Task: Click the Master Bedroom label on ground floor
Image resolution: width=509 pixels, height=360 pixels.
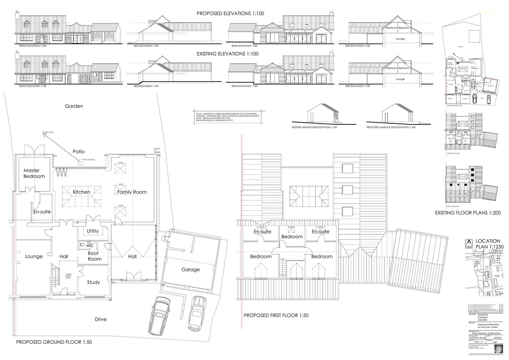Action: (x=34, y=173)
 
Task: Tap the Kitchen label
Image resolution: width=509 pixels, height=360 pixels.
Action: (x=81, y=192)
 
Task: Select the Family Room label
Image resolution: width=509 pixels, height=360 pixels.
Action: (x=132, y=192)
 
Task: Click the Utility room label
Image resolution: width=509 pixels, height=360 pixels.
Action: (x=93, y=231)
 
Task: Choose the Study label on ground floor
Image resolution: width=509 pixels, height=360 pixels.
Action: (x=94, y=282)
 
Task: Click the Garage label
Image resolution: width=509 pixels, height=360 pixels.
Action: (x=191, y=270)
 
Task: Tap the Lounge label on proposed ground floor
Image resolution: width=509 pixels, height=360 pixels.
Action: (x=34, y=257)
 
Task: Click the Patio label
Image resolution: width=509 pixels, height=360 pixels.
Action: (x=79, y=152)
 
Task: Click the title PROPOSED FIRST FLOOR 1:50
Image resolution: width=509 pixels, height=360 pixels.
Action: (x=276, y=315)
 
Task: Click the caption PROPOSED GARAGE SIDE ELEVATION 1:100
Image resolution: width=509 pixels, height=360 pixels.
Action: (x=391, y=127)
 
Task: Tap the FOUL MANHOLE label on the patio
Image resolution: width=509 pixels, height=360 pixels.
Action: (x=89, y=160)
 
